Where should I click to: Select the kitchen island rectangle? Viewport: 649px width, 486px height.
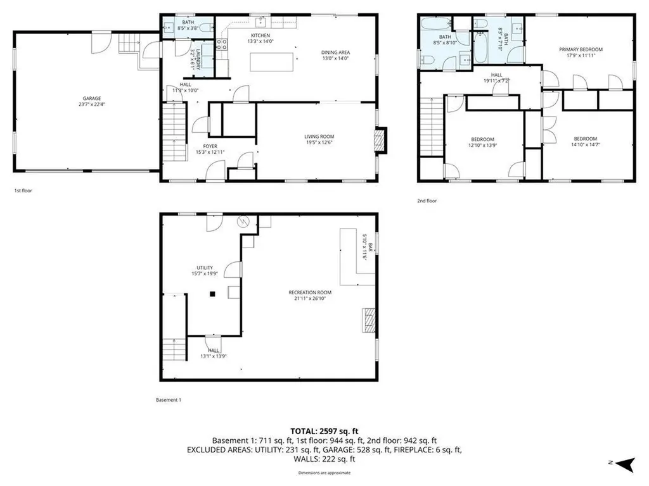(x=272, y=63)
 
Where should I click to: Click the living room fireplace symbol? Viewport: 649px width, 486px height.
(x=380, y=141)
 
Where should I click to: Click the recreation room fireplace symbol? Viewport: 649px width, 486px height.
(x=368, y=320)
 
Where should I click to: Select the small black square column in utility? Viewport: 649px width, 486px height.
(x=214, y=294)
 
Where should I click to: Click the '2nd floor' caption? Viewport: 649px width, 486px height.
(x=427, y=201)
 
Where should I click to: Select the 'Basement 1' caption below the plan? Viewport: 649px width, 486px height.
(x=169, y=400)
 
